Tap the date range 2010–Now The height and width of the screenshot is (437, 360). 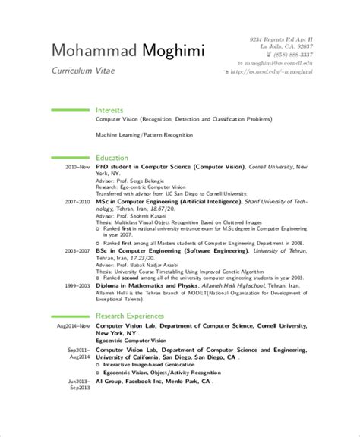77,166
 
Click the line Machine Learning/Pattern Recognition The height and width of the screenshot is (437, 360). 144,134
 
